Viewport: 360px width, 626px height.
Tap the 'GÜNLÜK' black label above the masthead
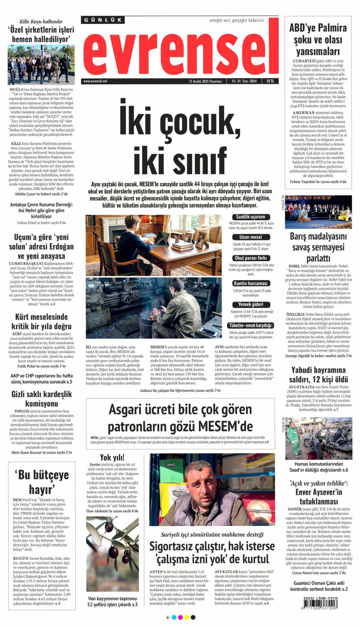103,20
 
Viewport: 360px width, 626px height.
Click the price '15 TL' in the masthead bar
270,81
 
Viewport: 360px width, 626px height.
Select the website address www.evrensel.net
95,81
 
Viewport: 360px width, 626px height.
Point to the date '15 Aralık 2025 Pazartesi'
205,81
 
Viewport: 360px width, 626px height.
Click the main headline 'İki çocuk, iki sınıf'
180,140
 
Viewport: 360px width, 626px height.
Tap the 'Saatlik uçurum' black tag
250,217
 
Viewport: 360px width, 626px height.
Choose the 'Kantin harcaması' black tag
250,283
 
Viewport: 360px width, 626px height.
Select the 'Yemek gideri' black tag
251,304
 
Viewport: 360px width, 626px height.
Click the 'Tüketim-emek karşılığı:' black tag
251,325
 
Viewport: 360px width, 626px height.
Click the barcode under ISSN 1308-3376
319,604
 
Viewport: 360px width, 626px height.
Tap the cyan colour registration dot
174,617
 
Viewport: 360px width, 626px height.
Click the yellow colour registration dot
187,617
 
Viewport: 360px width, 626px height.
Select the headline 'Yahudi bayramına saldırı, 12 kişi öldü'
318,374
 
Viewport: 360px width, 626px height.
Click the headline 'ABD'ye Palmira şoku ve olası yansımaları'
318,39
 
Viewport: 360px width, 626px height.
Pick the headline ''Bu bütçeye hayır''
41,481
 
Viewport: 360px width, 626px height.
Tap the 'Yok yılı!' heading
112,457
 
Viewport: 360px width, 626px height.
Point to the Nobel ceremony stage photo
318,212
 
